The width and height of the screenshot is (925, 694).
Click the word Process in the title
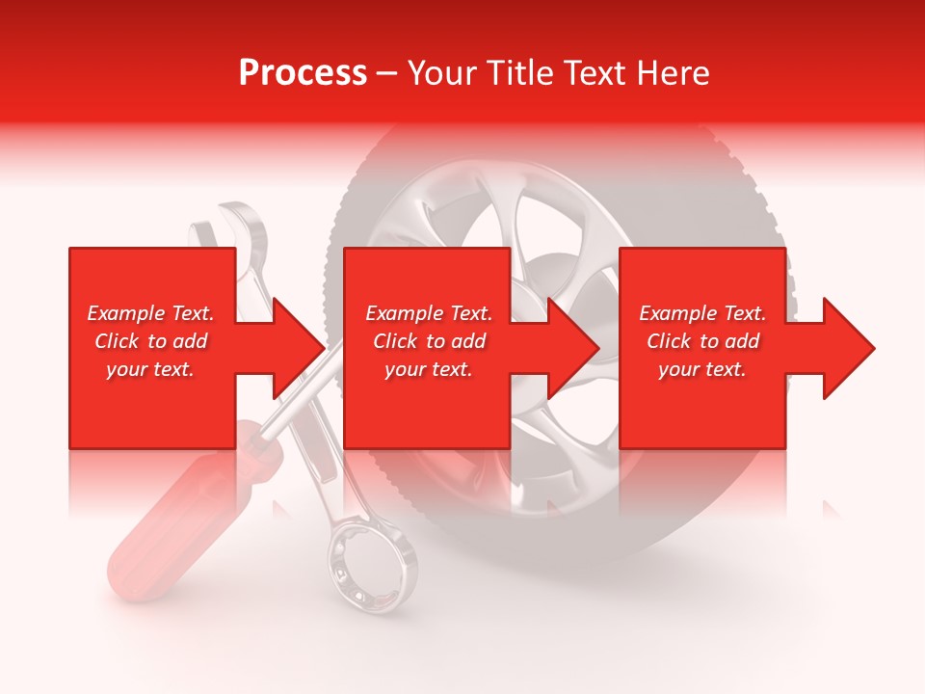303,73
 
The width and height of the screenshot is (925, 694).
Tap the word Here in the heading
671,73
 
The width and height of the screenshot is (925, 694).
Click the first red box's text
150,341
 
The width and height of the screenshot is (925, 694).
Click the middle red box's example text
428,341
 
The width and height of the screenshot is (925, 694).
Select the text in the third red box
702,341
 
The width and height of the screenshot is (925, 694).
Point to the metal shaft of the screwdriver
289,405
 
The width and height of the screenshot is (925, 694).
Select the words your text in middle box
428,369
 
